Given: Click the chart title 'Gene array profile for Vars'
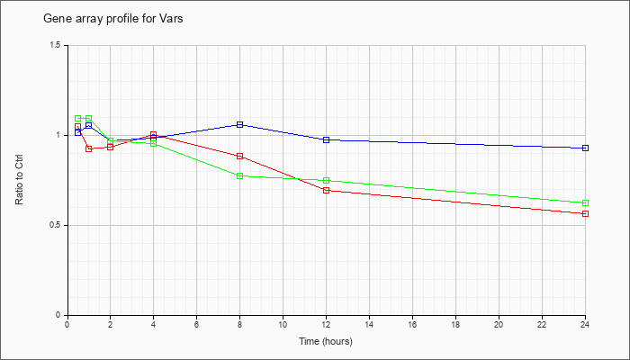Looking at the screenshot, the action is point(112,19).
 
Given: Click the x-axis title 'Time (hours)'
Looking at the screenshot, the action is point(326,341).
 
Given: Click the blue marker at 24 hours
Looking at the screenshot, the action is point(585,148).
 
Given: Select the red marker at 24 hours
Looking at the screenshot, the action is point(585,214).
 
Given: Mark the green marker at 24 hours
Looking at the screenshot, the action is point(585,202).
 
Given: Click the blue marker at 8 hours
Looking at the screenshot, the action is point(240,124).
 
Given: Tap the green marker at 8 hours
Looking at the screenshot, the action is point(240,176).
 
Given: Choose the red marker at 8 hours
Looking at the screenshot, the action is point(240,156).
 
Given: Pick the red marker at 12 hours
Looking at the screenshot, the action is point(326,191).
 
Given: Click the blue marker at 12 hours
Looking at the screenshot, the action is point(326,139).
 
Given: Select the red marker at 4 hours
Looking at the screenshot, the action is point(154,135).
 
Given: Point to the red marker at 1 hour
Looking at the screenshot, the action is point(89,149).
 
